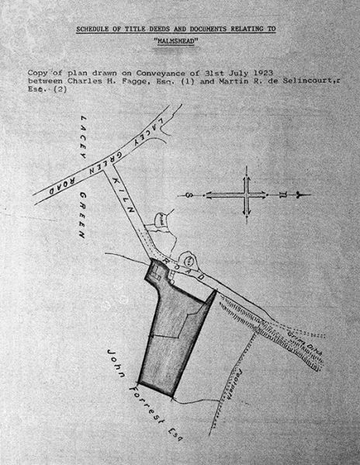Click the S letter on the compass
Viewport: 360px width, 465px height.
coord(192,196)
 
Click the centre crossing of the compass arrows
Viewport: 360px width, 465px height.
coord(247,196)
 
